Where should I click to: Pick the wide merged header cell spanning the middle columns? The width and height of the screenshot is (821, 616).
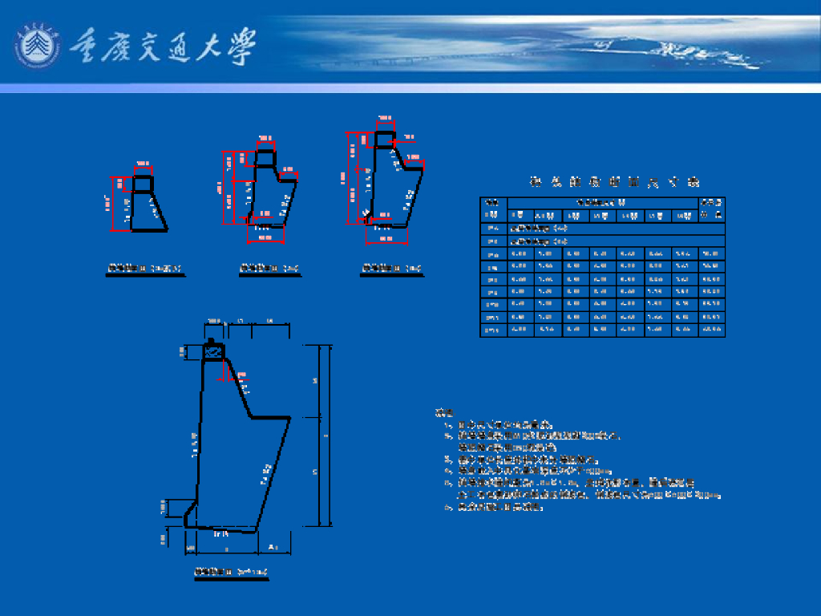coord(602,202)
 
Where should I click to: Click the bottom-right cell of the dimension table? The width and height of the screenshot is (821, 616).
coord(711,330)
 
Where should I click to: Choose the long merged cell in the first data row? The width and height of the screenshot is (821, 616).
coord(616,229)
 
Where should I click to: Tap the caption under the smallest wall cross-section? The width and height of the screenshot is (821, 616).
coord(145,268)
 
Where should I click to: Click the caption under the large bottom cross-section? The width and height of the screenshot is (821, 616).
coord(231,572)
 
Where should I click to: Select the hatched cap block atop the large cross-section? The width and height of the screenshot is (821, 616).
coord(213,351)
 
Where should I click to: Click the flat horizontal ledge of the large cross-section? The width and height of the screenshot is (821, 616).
coord(269,417)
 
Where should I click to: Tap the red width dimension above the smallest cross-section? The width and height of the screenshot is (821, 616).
coord(143,168)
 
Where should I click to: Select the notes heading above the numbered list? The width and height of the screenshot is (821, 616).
coord(443,413)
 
